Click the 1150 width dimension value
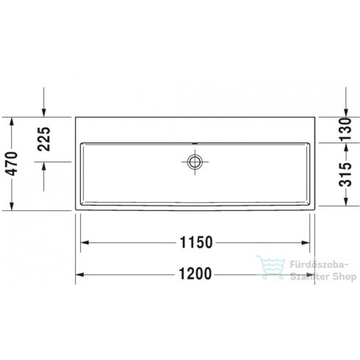pyautogui.click(x=195, y=242)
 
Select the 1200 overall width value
pyautogui.click(x=195, y=274)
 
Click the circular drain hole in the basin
pyautogui.click(x=195, y=161)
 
